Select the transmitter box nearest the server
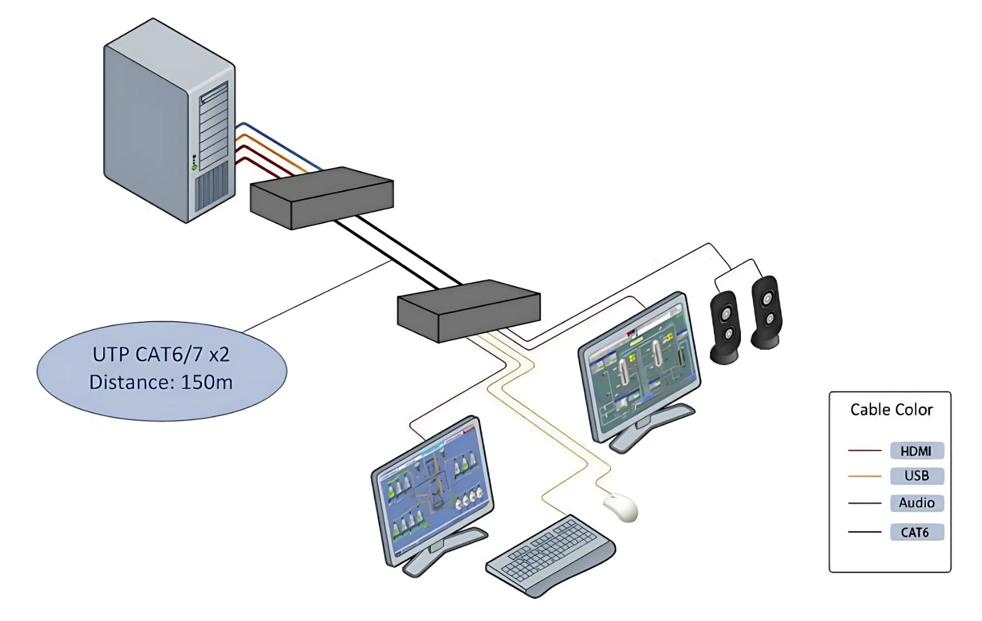(321, 198)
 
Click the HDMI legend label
(916, 451)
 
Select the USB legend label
(916, 475)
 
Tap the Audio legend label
(916, 502)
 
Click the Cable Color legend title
(891, 410)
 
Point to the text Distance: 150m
(161, 382)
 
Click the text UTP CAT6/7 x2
(161, 355)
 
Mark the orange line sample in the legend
(865, 476)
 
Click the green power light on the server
(194, 167)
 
